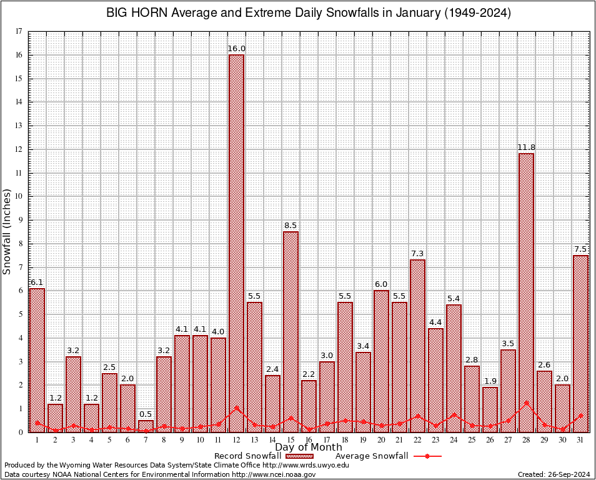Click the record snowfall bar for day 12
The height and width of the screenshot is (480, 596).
[236, 244]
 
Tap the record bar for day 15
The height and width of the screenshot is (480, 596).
[291, 331]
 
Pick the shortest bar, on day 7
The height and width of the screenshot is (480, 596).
[146, 426]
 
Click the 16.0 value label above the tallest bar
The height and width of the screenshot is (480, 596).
[236, 49]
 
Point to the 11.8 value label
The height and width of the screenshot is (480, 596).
[526, 147]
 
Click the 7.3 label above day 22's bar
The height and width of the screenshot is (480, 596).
[417, 253]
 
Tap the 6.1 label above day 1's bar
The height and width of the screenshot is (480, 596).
[37, 282]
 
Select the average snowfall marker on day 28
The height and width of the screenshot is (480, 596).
[526, 403]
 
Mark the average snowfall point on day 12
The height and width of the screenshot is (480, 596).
[236, 408]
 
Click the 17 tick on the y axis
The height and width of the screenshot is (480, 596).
[19, 31]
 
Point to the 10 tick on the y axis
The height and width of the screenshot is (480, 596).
[19, 196]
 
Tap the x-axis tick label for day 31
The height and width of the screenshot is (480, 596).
[580, 440]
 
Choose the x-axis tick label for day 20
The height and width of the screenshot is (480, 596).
[381, 440]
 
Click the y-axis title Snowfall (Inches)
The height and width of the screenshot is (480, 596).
[7, 231]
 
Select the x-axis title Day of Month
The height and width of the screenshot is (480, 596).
[309, 447]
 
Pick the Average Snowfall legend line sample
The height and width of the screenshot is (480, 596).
[427, 456]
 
